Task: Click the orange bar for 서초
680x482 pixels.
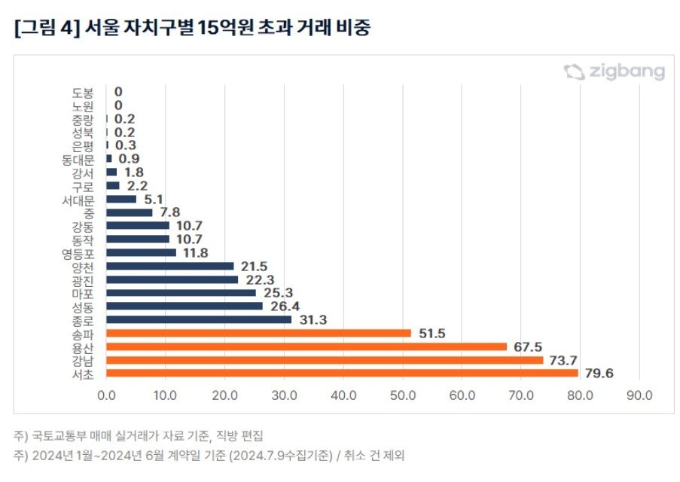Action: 342,373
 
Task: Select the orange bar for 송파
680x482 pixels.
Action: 258,333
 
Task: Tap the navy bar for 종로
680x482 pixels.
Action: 199,319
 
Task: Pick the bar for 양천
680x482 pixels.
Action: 170,266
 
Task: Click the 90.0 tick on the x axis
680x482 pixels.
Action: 639,395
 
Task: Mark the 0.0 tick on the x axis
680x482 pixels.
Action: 107,395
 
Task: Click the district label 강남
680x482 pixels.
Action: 83,360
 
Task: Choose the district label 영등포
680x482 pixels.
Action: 78,253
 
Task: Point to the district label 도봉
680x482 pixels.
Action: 83,92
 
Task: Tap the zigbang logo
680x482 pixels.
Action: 614,72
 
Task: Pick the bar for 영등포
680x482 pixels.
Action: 142,253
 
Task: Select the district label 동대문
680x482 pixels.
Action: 78,159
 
